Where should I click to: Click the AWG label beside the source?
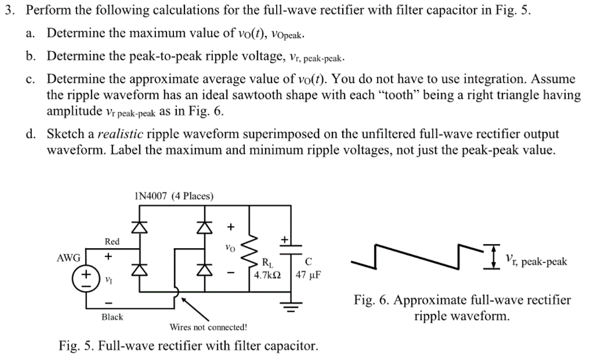pyautogui.click(x=68, y=258)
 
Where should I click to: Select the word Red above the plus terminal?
pyautogui.click(x=112, y=241)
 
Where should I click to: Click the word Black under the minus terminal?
pyautogui.click(x=112, y=317)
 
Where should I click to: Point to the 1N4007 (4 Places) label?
pyautogui.click(x=173, y=197)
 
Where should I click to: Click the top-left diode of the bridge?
pyautogui.click(x=137, y=228)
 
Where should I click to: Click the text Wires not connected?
pyautogui.click(x=208, y=327)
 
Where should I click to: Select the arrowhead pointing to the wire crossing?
pyautogui.click(x=184, y=301)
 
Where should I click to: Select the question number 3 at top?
pyautogui.click(x=8, y=11)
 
